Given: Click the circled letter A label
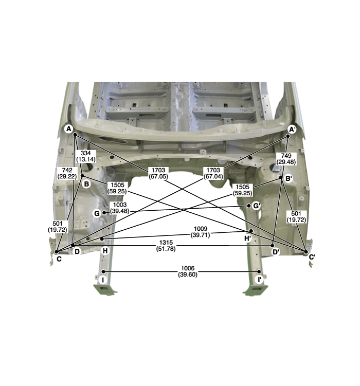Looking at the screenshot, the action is point(69,128).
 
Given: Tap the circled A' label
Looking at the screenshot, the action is point(292,129).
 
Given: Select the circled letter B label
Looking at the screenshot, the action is point(86,184).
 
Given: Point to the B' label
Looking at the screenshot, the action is point(289,178).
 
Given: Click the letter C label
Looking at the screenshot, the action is point(59,259).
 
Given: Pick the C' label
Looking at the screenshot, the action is point(312,258).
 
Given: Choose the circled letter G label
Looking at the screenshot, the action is point(97,213).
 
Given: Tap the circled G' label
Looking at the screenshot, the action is point(257,206).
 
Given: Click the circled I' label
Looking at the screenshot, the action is point(259,280).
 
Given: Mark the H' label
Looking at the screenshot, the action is point(248,238).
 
